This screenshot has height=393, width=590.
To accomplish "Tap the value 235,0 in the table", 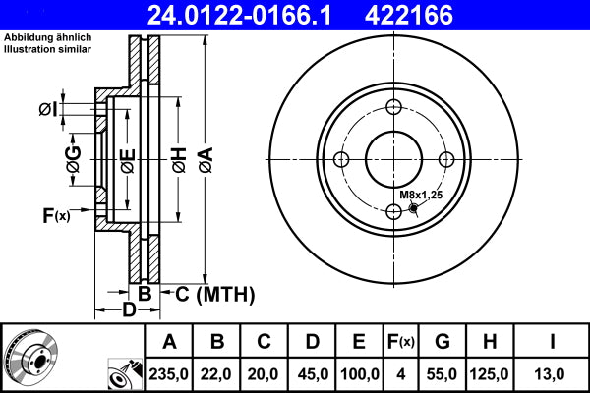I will [169, 373].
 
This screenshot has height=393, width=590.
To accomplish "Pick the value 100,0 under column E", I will [359, 373].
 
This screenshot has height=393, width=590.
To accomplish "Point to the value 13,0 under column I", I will [554, 373].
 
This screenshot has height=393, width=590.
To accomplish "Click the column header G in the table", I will [442, 342].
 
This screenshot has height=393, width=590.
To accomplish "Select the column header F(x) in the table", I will [401, 342].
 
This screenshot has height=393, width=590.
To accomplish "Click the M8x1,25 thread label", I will [422, 195].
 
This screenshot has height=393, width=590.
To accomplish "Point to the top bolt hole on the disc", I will [394, 108].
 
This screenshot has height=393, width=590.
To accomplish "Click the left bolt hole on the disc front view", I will [341, 160].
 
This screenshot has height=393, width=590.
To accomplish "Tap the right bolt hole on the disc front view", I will [446, 160].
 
